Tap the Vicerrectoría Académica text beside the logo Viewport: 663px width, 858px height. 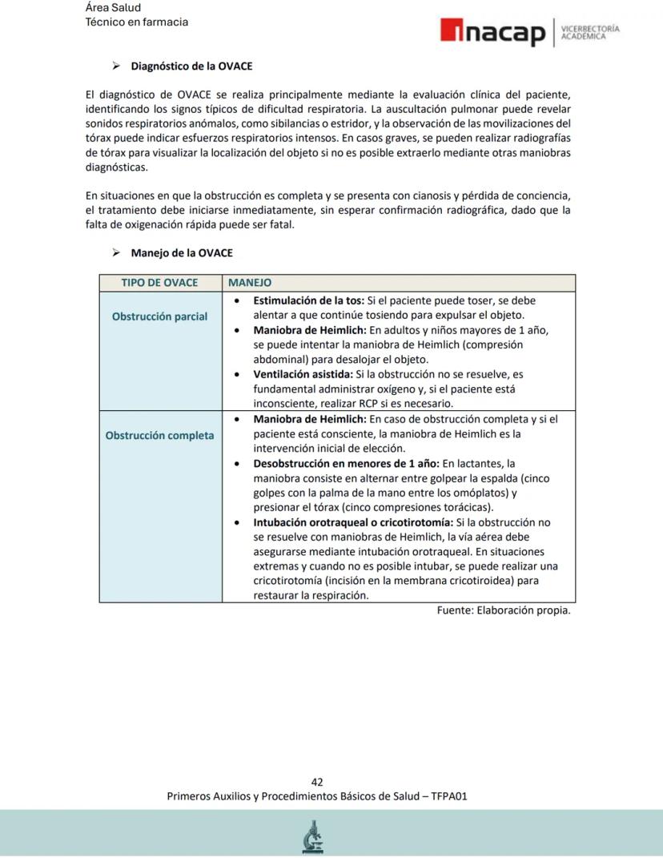[590, 32]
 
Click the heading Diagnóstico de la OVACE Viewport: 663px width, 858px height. [191, 66]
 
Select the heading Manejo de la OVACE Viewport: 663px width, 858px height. [182, 253]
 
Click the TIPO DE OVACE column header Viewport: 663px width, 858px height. [159, 283]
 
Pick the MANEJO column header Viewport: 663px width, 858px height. [250, 283]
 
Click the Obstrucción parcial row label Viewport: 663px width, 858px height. [159, 316]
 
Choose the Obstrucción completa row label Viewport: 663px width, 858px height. [159, 436]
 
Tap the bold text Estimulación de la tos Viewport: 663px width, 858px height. [308, 301]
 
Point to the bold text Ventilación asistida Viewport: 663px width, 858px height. [302, 374]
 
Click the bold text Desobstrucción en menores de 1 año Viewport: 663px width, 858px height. [346, 463]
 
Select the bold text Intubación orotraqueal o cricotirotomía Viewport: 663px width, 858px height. [352, 522]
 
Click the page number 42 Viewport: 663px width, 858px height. [317, 782]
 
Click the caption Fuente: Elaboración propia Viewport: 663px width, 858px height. [503, 610]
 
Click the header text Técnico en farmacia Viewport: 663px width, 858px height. [137, 22]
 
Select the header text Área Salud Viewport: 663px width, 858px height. [113, 7]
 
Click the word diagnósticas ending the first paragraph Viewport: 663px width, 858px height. [116, 168]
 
